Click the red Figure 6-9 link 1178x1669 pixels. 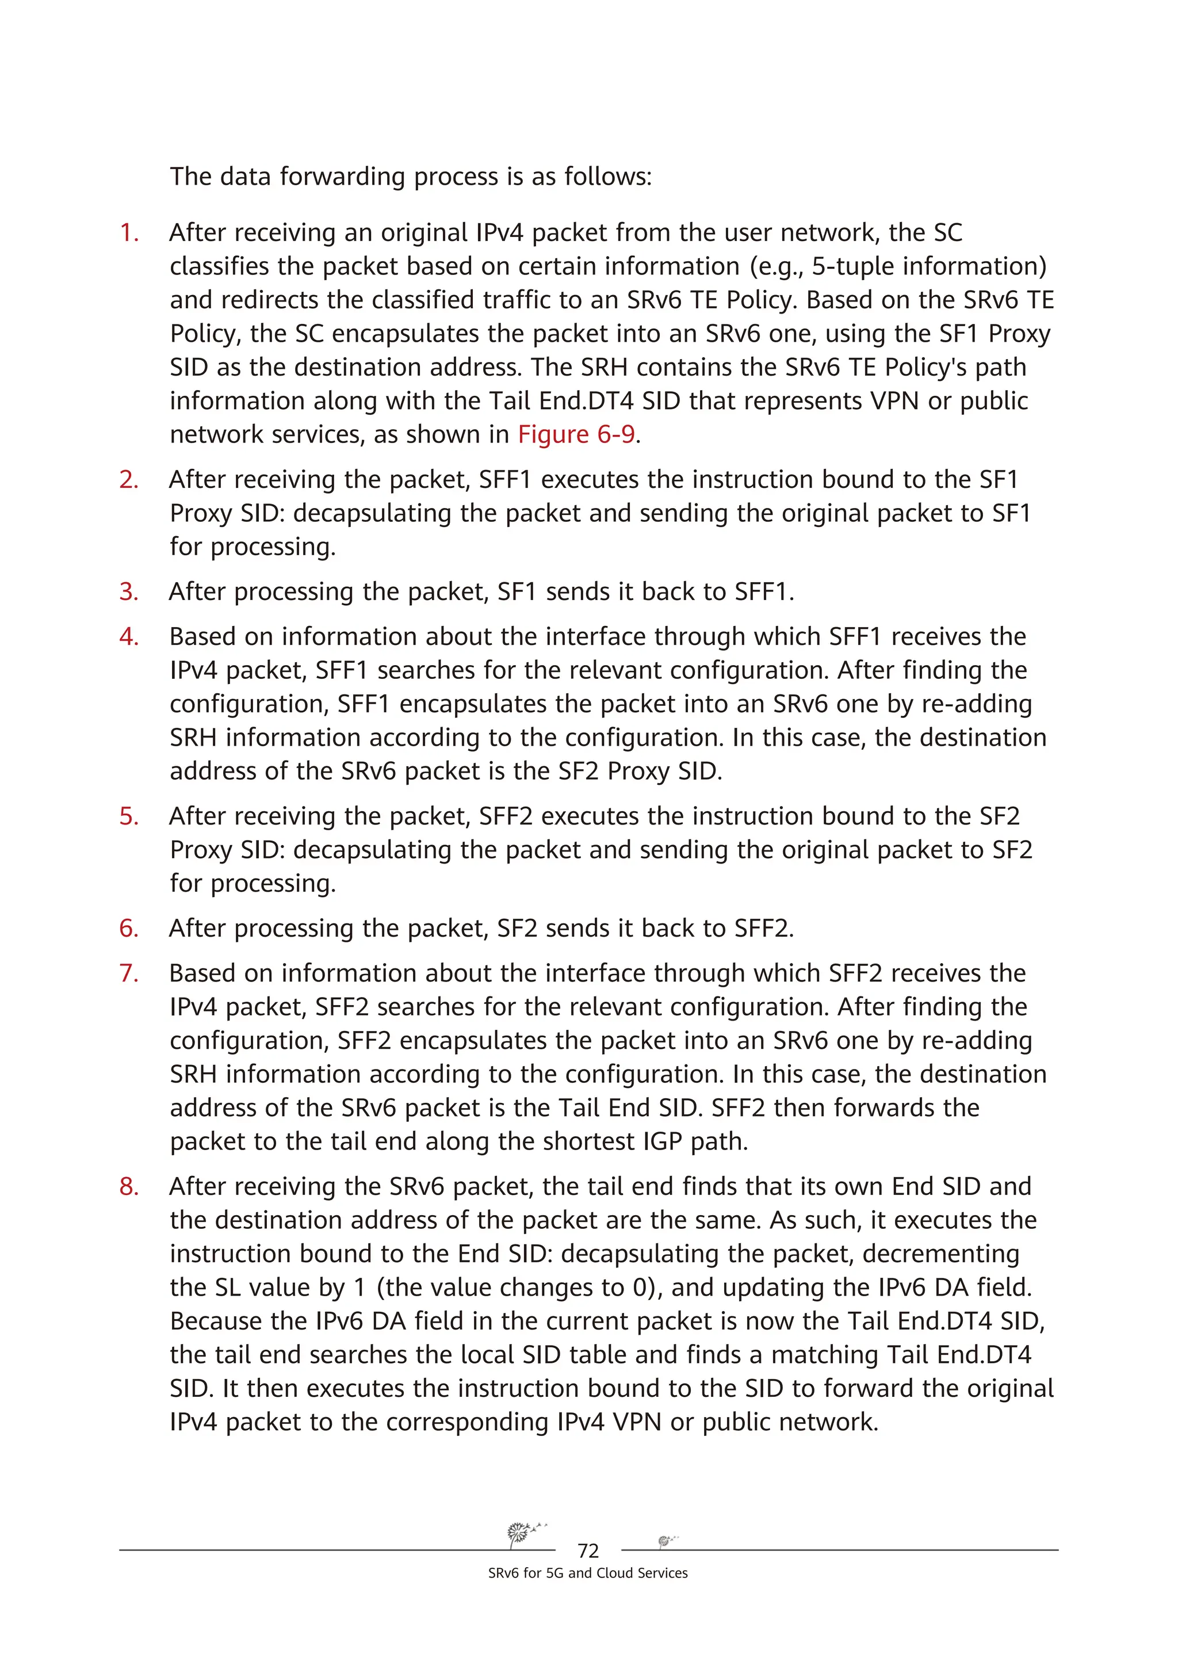(576, 435)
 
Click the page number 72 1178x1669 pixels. (588, 1550)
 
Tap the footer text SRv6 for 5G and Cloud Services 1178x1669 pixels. (588, 1573)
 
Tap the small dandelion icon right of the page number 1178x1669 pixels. (666, 1540)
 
